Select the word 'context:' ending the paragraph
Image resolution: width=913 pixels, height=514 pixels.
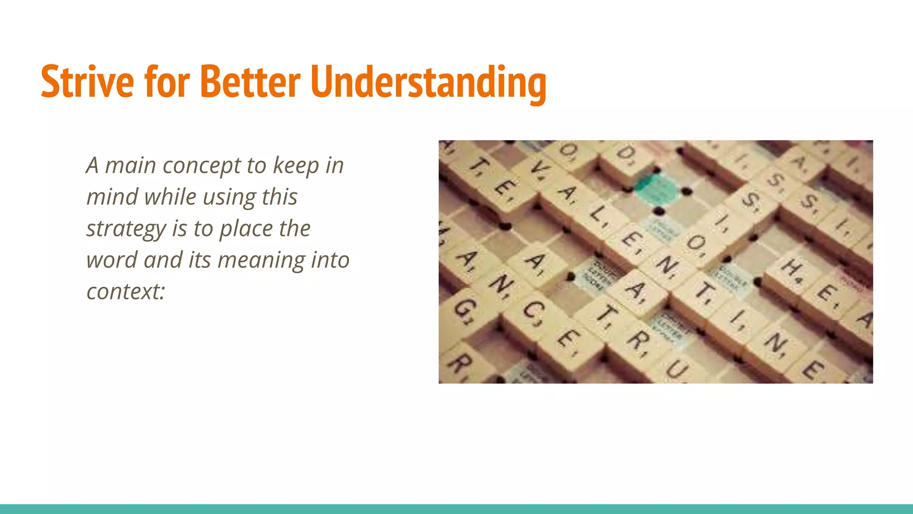126,291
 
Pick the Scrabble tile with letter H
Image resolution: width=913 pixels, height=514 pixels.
793,268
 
